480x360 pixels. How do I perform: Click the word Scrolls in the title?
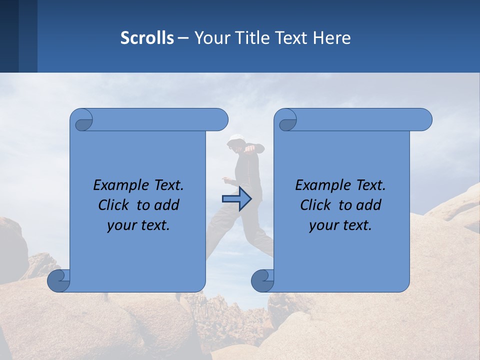pos(147,38)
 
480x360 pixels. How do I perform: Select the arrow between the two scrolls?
pos(236,199)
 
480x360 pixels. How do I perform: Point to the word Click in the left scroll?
pos(114,205)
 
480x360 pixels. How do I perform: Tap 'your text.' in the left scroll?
pos(138,225)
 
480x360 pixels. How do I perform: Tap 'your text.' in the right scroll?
pos(340,225)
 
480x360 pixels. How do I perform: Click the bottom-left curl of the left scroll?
pos(58,281)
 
